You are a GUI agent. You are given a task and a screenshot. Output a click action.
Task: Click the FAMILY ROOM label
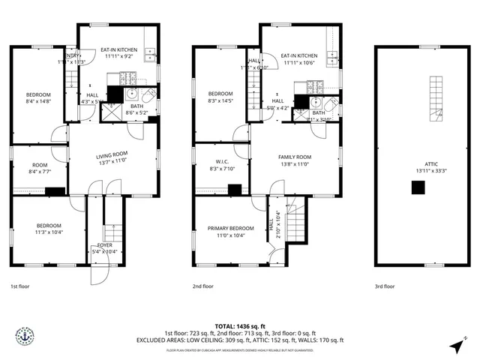pyautogui.click(x=295, y=157)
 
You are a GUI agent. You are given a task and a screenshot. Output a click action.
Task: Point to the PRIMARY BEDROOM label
pyautogui.click(x=231, y=228)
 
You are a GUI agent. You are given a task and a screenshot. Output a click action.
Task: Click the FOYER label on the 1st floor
pyautogui.click(x=103, y=245)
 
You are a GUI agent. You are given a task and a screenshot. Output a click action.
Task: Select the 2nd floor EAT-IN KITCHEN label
pyautogui.click(x=299, y=55)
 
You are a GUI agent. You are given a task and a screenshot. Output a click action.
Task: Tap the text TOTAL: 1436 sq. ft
pyautogui.click(x=240, y=326)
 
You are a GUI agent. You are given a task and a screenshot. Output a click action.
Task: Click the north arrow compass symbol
pyautogui.click(x=457, y=346)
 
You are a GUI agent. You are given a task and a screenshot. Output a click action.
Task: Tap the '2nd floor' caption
pyautogui.click(x=202, y=286)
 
